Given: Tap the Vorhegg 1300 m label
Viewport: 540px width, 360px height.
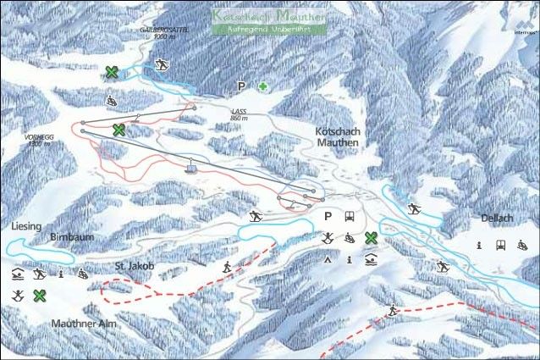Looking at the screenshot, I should tap(37, 140).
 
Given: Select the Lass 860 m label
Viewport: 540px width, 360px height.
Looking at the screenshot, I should tap(240, 114).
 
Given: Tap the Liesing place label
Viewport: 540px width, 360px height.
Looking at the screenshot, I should tap(26, 227).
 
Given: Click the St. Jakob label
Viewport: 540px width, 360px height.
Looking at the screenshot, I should tap(135, 266).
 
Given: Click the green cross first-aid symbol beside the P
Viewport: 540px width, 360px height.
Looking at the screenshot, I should tap(264, 86).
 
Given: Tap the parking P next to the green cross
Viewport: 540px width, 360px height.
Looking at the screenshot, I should tap(242, 86).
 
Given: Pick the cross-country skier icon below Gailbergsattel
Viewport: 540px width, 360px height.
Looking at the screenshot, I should tap(162, 65).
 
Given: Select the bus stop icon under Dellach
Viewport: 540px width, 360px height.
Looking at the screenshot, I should tap(500, 245).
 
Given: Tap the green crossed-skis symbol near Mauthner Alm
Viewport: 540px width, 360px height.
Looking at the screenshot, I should tap(39, 295).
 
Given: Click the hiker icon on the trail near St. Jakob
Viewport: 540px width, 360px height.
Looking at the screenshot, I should tap(227, 267).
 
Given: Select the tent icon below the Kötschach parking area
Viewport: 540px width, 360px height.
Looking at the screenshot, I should tap(328, 260).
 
